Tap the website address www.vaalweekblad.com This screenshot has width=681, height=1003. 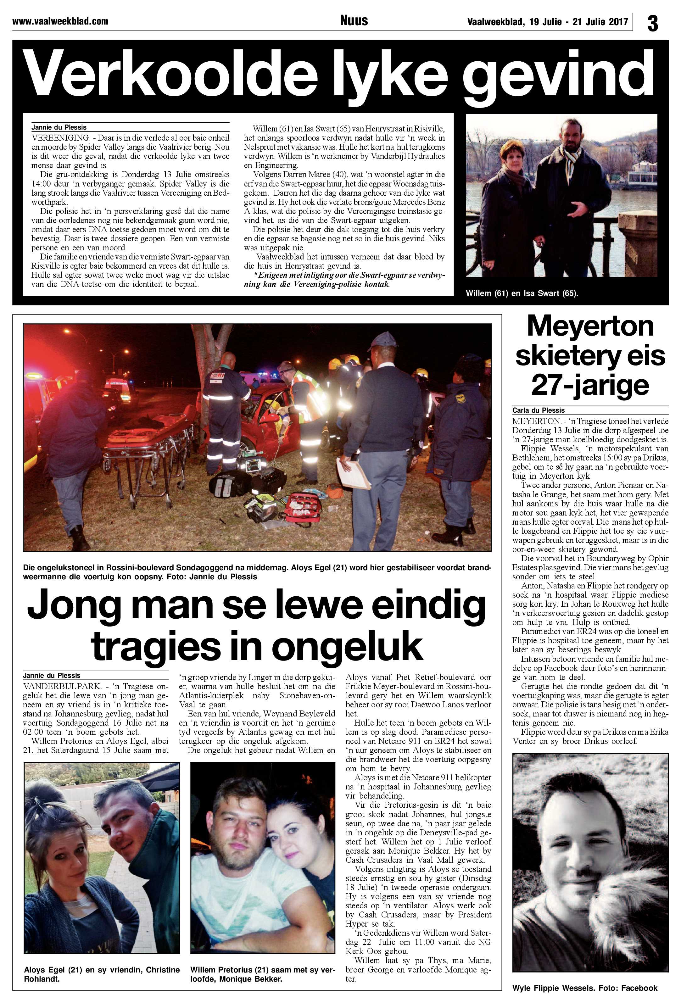60,21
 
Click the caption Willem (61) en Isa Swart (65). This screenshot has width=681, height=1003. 521,293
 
